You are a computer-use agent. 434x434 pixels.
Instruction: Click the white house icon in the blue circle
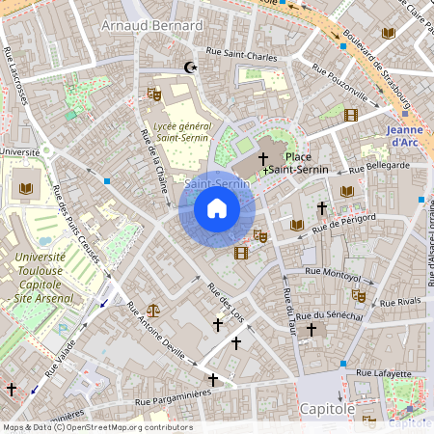click(x=216, y=208)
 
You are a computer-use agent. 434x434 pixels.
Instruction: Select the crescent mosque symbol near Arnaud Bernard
click(x=190, y=68)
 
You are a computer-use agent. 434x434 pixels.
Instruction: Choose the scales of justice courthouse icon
click(x=152, y=312)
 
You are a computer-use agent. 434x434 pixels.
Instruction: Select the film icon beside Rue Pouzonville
click(x=350, y=115)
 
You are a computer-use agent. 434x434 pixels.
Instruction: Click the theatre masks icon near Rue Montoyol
click(x=359, y=295)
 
